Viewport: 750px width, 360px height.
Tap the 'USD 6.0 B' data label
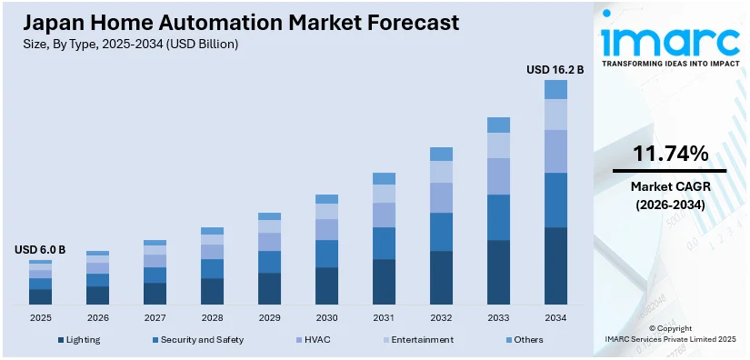(40, 250)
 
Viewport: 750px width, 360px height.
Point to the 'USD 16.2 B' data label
(555, 69)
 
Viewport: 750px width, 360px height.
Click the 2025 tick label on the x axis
(40, 317)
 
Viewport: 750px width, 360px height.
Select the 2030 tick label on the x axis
(326, 317)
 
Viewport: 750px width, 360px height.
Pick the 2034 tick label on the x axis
(555, 317)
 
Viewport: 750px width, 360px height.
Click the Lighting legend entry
(79, 340)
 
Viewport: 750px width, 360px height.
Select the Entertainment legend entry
(418, 340)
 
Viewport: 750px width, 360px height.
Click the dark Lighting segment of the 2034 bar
(555, 265)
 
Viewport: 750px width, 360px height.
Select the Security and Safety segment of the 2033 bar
(498, 217)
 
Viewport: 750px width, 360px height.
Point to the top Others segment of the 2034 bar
(555, 89)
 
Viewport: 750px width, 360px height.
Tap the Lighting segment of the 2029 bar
(269, 288)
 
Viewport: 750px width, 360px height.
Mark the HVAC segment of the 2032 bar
(441, 197)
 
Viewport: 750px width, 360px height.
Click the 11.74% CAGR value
(669, 155)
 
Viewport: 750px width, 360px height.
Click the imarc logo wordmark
(669, 42)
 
